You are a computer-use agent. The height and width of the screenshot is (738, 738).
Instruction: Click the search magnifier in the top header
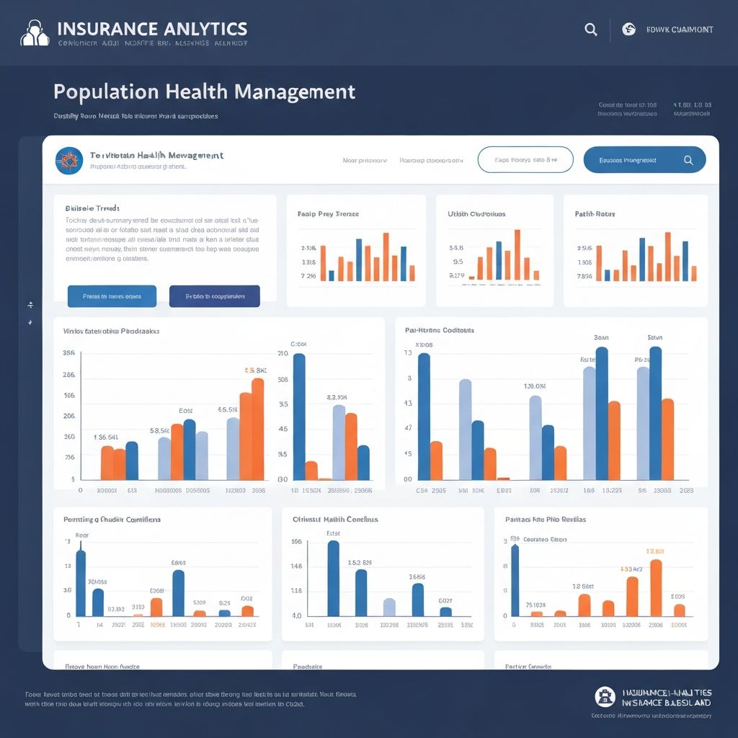pos(590,30)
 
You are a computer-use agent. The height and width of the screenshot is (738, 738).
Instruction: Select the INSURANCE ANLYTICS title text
pos(151,29)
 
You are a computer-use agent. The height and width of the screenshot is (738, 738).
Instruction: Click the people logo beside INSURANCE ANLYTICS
pos(35,33)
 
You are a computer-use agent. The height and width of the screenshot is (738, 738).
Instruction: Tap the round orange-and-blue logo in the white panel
pos(69,159)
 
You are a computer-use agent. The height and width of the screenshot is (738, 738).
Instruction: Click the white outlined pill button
pos(525,159)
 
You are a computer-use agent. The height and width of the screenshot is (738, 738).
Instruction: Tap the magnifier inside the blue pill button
pos(688,160)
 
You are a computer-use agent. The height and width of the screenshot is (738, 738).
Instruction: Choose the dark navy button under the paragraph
pos(214,296)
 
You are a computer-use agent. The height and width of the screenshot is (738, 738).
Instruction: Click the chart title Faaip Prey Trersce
pos(328,214)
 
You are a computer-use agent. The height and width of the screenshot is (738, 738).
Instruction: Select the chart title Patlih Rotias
pos(595,214)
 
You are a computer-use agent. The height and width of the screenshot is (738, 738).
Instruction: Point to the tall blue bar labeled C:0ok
pos(299,416)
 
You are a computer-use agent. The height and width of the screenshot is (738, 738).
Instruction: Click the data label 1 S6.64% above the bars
pos(106,437)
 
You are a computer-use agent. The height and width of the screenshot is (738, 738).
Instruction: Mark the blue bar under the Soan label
pos(602,413)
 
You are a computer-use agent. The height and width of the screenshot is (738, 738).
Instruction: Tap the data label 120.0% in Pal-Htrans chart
pos(535,386)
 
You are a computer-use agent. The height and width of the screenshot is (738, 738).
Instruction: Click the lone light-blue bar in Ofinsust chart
pos(389,607)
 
